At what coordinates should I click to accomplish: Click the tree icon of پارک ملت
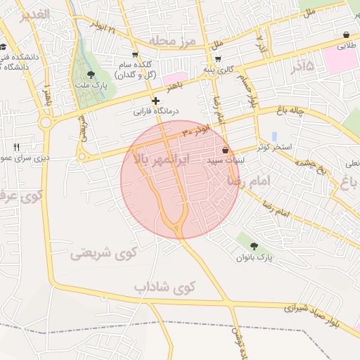(x=90, y=74)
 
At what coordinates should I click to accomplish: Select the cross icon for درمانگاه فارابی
(x=155, y=101)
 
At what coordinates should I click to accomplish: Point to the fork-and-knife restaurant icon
(x=16, y=147)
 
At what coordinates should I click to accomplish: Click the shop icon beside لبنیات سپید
(x=225, y=150)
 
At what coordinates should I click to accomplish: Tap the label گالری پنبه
(x=218, y=70)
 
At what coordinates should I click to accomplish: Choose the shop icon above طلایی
(x=347, y=34)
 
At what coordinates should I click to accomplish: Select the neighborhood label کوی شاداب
(x=164, y=288)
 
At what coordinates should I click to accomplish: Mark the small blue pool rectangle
(x=274, y=136)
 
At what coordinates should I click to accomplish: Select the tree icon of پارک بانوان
(x=254, y=246)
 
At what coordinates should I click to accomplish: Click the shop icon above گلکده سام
(x=135, y=54)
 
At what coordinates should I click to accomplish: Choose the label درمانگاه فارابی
(x=158, y=111)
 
